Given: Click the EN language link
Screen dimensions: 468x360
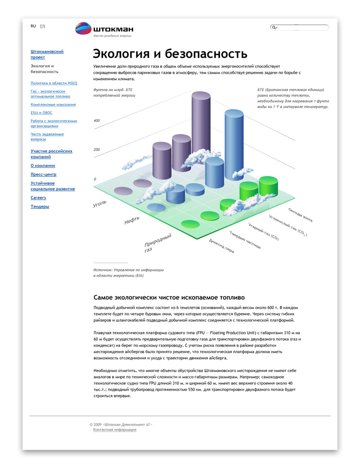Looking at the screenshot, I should pyautogui.click(x=42, y=26).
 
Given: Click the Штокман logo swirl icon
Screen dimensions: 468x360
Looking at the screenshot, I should pyautogui.click(x=83, y=28).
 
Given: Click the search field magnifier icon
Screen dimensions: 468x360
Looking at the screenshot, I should pyautogui.click(x=274, y=28).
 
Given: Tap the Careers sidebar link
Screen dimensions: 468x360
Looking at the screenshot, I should pyautogui.click(x=38, y=198).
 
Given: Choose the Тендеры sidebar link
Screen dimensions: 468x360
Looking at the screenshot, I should pyautogui.click(x=40, y=206).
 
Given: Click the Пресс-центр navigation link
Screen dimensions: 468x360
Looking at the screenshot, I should pyautogui.click(x=44, y=174).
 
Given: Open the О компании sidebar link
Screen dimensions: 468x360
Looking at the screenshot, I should pyautogui.click(x=43, y=166).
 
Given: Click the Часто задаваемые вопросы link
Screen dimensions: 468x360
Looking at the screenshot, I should pyautogui.click(x=47, y=136).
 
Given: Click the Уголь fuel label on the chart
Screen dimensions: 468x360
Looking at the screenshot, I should pyautogui.click(x=100, y=204).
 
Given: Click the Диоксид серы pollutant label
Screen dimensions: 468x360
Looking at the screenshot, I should pyautogui.click(x=221, y=246).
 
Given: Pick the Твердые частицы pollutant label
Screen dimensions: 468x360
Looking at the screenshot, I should pyautogui.click(x=245, y=240).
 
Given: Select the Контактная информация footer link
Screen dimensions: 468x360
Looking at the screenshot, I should pyautogui.click(x=115, y=430).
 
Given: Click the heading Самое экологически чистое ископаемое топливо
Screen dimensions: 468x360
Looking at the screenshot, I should pyautogui.click(x=169, y=297).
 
